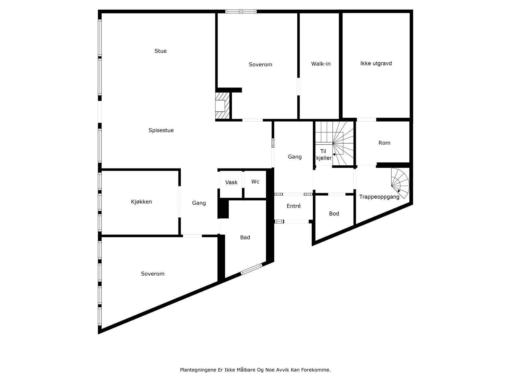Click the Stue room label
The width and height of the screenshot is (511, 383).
160,51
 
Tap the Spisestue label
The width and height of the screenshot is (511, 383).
161,130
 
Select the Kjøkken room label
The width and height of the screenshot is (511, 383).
141,202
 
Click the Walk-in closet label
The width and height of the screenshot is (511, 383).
321,64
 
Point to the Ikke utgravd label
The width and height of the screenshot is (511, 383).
376,63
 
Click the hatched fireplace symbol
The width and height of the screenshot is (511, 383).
222,105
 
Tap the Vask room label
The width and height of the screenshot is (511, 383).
231,182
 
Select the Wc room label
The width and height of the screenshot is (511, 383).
255,182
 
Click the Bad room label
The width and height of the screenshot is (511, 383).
245,237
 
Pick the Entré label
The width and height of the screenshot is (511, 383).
294,206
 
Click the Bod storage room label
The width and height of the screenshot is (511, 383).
334,214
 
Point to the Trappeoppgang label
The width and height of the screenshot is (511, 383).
379,197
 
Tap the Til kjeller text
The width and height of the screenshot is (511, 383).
324,154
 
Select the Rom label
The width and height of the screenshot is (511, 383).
384,143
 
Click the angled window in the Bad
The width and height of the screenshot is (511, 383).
251,269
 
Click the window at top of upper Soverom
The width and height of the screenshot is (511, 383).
241,11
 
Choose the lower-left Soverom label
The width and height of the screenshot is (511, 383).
153,274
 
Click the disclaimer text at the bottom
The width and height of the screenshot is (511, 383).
255,370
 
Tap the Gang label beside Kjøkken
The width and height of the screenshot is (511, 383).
199,203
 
